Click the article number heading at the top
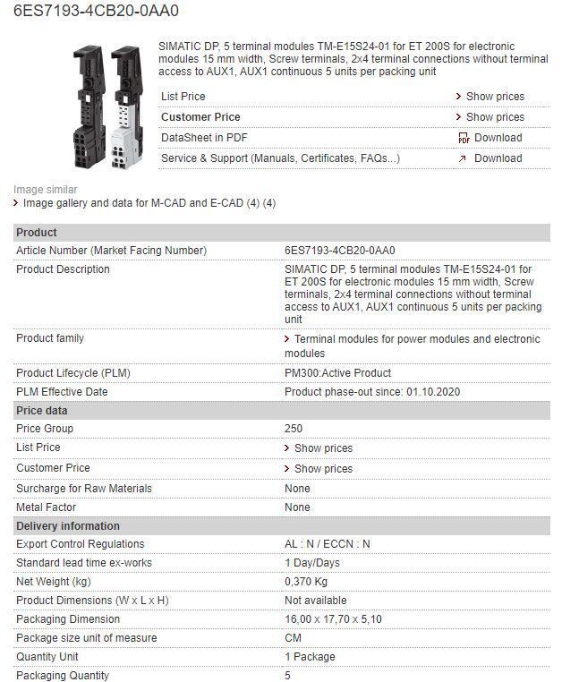(x=96, y=12)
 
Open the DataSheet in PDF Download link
(x=498, y=138)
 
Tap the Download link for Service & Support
(x=498, y=158)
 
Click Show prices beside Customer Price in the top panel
(x=495, y=117)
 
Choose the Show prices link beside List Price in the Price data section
(x=323, y=448)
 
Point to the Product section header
(x=37, y=233)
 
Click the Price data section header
(x=41, y=411)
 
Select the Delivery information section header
(x=67, y=526)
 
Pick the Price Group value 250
(x=294, y=429)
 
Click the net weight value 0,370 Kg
(x=306, y=582)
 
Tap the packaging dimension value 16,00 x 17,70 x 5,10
(x=333, y=619)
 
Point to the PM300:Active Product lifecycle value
(x=337, y=373)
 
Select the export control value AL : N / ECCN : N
(x=328, y=544)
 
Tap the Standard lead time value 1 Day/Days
(x=312, y=563)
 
